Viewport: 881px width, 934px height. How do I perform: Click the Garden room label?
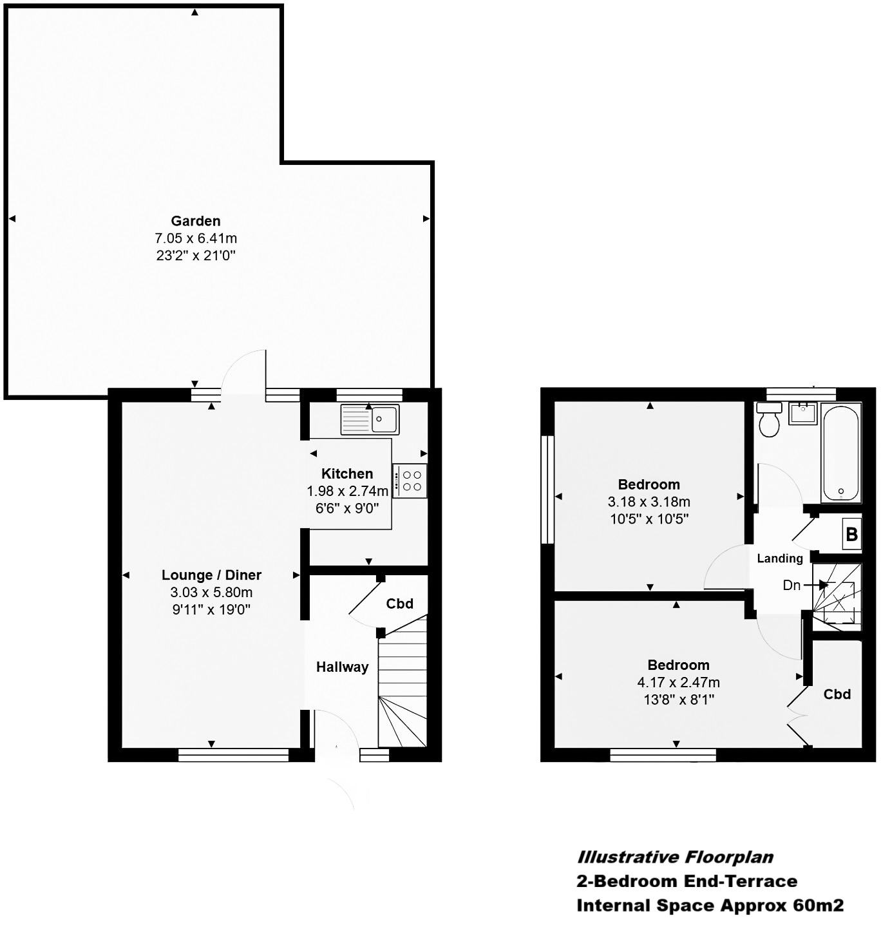pyautogui.click(x=196, y=221)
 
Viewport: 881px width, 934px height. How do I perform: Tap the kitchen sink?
pyautogui.click(x=370, y=419)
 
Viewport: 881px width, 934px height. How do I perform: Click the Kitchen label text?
pyautogui.click(x=347, y=473)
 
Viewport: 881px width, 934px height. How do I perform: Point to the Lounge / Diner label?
pyautogui.click(x=211, y=575)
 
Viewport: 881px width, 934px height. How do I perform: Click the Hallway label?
pyautogui.click(x=342, y=667)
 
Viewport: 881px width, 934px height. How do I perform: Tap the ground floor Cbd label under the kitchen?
pyautogui.click(x=399, y=604)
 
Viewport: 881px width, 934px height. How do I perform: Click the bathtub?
pyautogui.click(x=841, y=453)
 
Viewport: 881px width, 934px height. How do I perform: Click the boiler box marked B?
pyautogui.click(x=851, y=534)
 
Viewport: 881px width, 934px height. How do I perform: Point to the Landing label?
pyautogui.click(x=780, y=558)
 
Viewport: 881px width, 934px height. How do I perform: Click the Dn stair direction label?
pyautogui.click(x=791, y=585)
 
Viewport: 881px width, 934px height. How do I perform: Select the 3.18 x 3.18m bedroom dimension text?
pyautogui.click(x=649, y=502)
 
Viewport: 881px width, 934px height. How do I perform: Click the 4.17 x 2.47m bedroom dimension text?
pyautogui.click(x=678, y=682)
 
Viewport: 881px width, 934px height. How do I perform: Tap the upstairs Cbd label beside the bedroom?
pyautogui.click(x=837, y=694)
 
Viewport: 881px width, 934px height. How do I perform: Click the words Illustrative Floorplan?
pyautogui.click(x=674, y=857)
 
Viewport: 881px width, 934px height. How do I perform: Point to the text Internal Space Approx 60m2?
pyautogui.click(x=709, y=905)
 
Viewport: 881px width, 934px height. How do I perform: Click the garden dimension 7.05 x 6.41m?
pyautogui.click(x=196, y=238)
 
